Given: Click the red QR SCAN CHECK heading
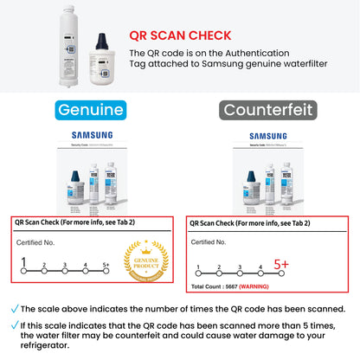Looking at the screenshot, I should (179, 35).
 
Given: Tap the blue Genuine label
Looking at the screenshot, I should (91, 111).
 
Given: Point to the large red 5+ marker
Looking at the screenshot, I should (282, 264).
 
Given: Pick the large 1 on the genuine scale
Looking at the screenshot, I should (23, 262).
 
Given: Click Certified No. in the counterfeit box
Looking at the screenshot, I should (209, 242).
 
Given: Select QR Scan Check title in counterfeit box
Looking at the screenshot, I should (254, 222).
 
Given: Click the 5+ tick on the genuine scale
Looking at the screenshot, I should (106, 265).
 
